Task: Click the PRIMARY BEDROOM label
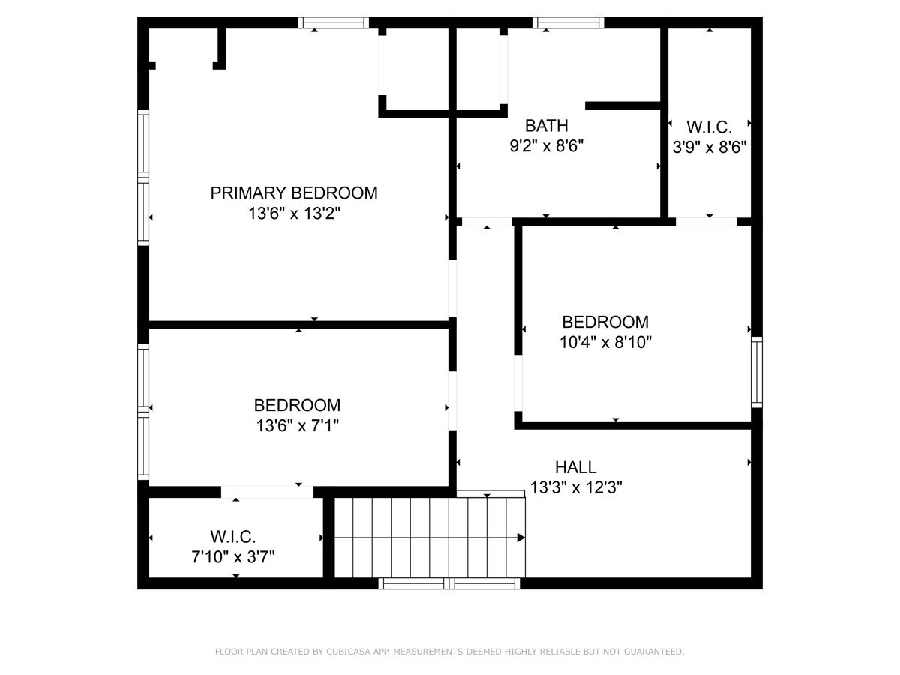(294, 193)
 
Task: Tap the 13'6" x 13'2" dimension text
(295, 214)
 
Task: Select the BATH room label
(546, 126)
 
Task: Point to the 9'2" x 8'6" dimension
(546, 146)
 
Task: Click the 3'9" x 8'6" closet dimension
(709, 147)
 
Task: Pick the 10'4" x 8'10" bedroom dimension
(605, 342)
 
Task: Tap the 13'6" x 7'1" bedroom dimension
(298, 426)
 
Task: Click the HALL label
(576, 467)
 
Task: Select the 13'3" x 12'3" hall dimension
(576, 487)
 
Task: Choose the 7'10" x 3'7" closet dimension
(233, 557)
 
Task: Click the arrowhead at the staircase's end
(521, 538)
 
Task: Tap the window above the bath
(568, 22)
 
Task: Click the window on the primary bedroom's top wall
(333, 22)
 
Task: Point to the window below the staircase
(449, 583)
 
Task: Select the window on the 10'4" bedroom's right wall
(757, 372)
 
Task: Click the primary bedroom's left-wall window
(143, 178)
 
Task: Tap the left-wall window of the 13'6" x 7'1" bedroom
(143, 412)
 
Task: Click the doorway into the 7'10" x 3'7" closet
(267, 492)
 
